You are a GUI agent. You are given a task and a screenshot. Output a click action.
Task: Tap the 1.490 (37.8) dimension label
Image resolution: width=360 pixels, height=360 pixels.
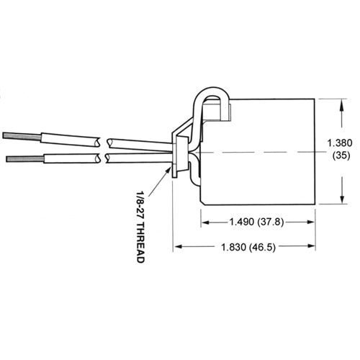coord(257,221)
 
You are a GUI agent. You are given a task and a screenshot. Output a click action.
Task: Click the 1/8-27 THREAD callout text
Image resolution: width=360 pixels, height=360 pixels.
coord(139,226)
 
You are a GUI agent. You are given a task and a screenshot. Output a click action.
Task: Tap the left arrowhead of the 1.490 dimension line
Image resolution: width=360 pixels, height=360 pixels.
coord(203,221)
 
